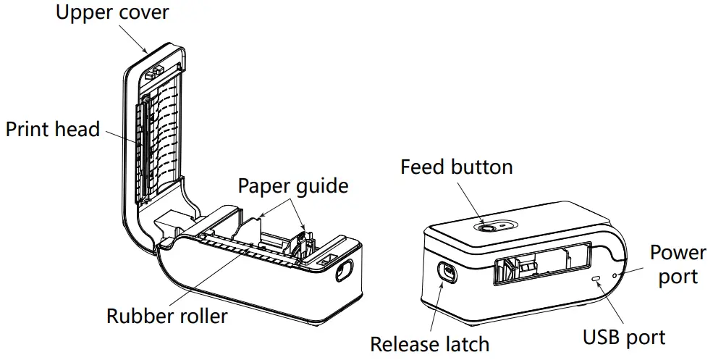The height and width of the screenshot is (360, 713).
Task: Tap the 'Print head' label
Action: pyautogui.click(x=52, y=130)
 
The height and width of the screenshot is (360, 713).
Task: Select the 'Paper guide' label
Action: pyautogui.click(x=293, y=185)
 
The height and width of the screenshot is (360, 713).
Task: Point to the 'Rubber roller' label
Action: pyautogui.click(x=166, y=316)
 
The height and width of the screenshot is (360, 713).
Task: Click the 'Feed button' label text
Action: pyautogui.click(x=456, y=167)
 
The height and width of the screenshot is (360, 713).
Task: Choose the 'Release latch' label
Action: pyautogui.click(x=430, y=344)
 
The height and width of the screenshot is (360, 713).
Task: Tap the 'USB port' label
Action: pyautogui.click(x=624, y=336)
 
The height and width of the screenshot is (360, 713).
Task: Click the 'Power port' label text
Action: pyautogui.click(x=678, y=264)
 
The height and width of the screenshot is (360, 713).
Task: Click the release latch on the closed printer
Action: pyautogui.click(x=445, y=272)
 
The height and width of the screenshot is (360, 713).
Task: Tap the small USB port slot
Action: pyautogui.click(x=596, y=277)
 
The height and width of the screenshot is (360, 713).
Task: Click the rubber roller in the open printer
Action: pyautogui.click(x=246, y=251)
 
